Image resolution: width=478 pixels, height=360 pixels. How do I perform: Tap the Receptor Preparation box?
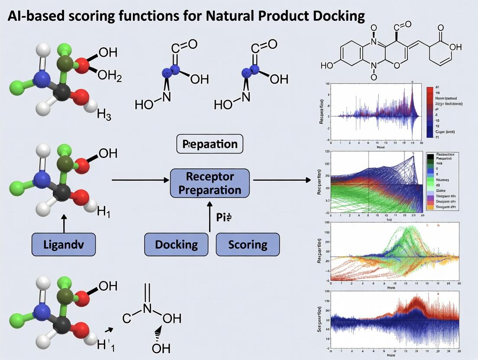210,183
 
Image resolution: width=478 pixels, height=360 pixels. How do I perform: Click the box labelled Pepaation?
210,144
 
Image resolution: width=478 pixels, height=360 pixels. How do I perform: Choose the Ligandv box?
64,244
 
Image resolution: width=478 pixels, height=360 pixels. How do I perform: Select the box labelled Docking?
176,244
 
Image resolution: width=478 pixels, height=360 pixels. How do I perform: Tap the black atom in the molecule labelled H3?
63,91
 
